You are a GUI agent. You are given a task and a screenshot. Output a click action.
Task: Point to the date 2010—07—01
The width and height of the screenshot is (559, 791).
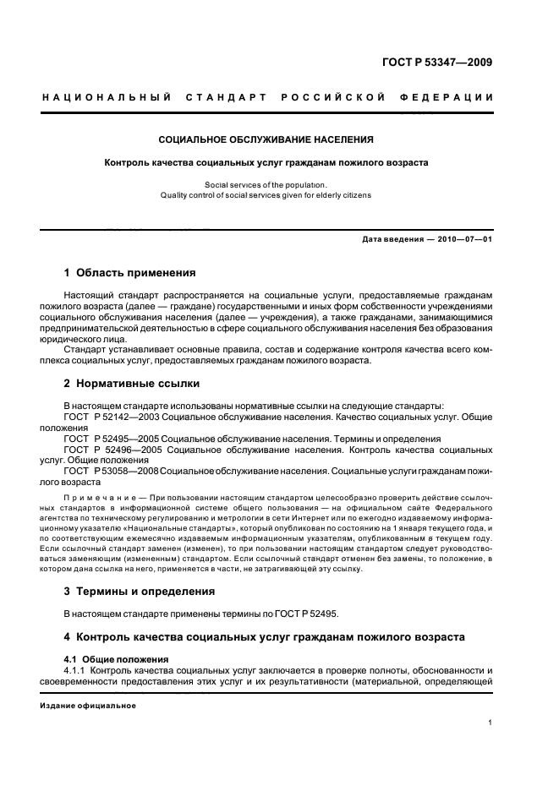click(464, 240)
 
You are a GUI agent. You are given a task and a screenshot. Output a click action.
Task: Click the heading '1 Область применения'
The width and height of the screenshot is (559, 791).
click(130, 273)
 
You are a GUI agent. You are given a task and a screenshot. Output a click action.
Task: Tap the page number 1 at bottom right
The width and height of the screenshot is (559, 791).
click(490, 723)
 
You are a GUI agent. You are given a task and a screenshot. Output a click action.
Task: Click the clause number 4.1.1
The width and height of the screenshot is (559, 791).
click(77, 669)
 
